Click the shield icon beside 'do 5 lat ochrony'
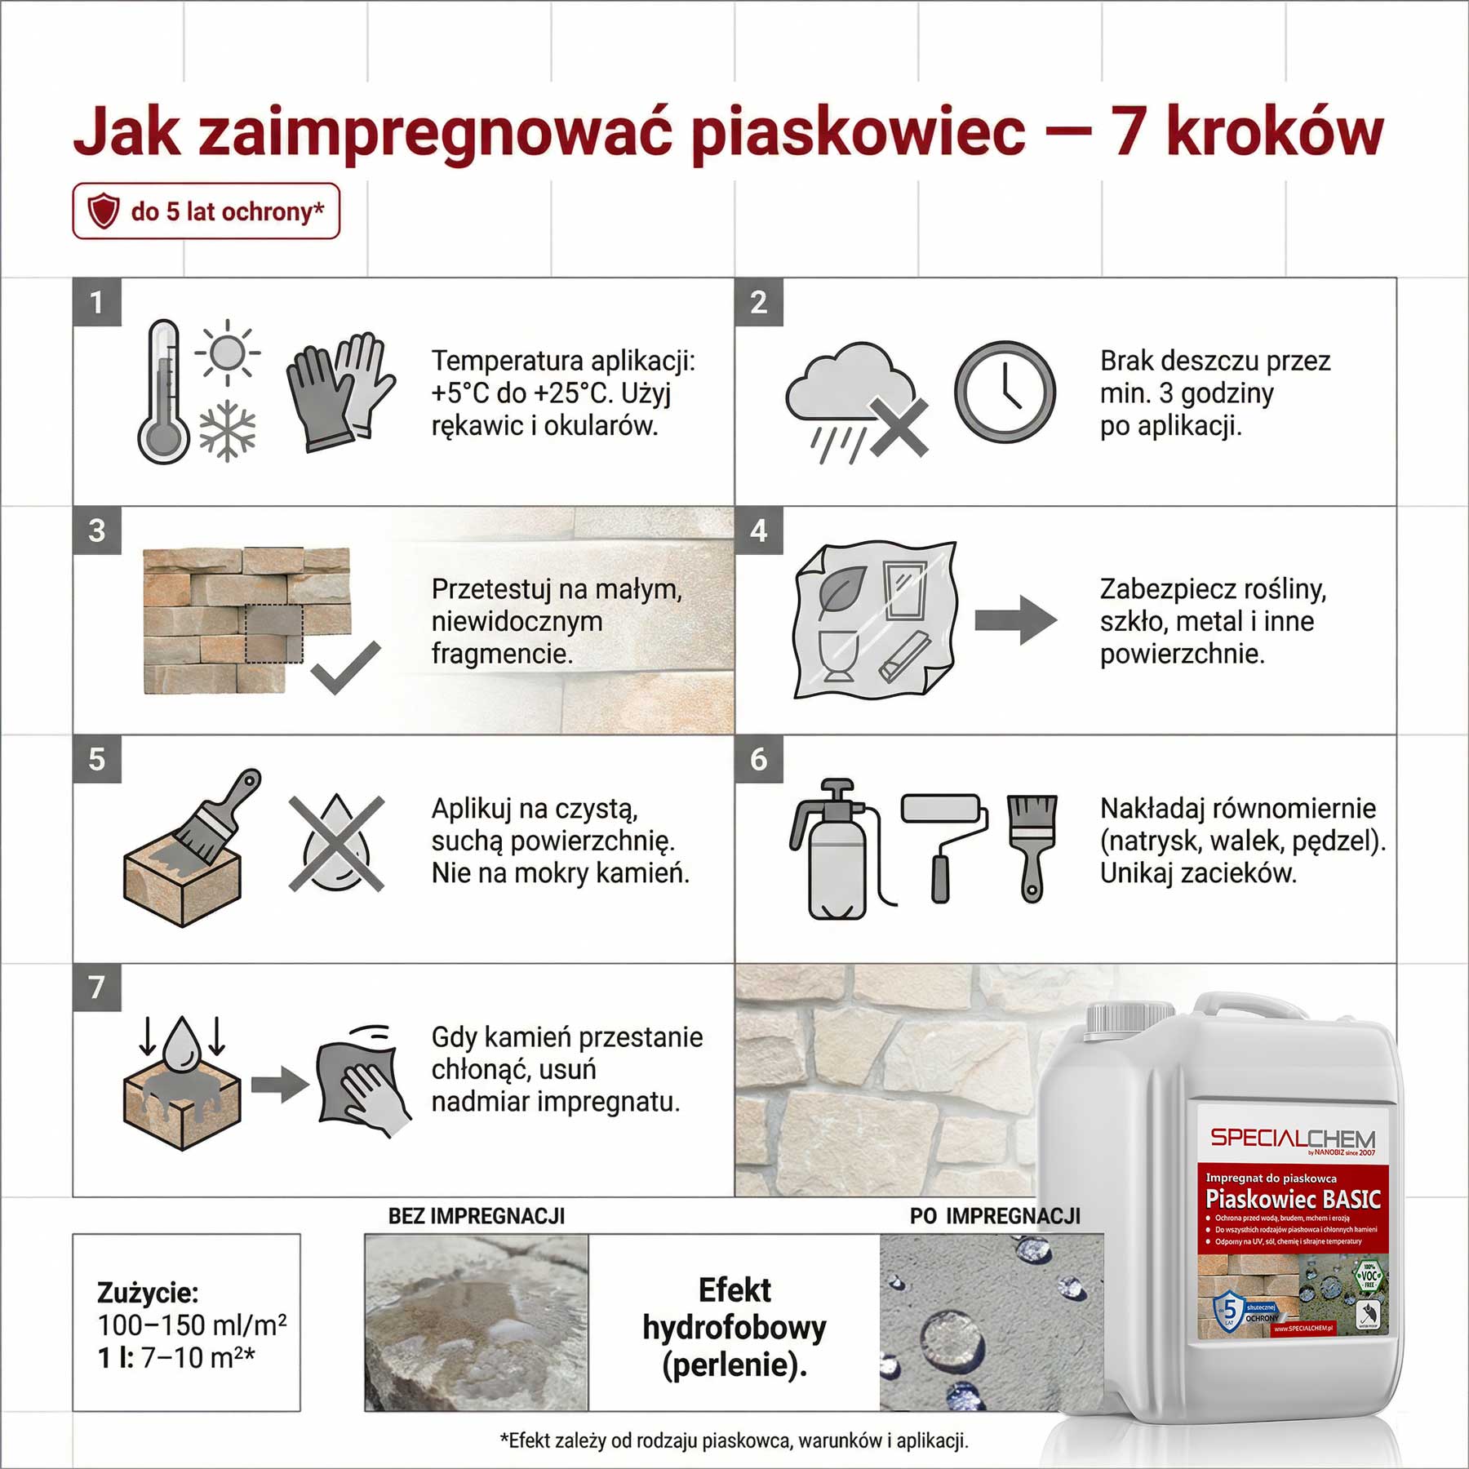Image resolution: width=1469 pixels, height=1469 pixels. pos(104,211)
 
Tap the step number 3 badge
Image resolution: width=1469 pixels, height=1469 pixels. pos(97,530)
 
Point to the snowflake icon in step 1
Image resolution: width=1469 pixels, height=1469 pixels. pos(228,431)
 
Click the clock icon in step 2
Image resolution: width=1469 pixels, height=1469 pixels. pos(1005,392)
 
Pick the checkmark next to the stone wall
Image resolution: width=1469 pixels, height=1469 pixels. pos(345,667)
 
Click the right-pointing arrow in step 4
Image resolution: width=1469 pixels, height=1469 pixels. pos(1016,620)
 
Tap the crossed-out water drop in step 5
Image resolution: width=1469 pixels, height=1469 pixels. pos(336,842)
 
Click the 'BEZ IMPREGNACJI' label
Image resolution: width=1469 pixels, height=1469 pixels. pos(477,1216)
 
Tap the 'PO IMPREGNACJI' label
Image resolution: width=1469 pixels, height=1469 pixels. pos(995,1216)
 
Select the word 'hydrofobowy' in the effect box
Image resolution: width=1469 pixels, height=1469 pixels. pos(734,1327)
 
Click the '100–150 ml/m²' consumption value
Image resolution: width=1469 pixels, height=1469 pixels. pos(192,1324)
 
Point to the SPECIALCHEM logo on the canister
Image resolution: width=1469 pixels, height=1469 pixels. pos(1293,1138)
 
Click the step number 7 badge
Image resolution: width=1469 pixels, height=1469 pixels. pos(97,987)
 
